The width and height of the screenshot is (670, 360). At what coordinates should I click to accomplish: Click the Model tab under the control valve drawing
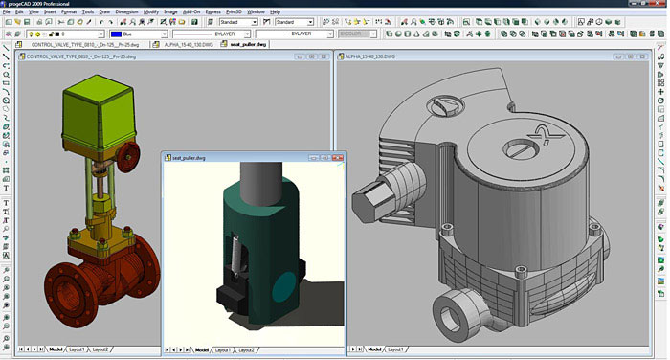(x=55, y=349)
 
